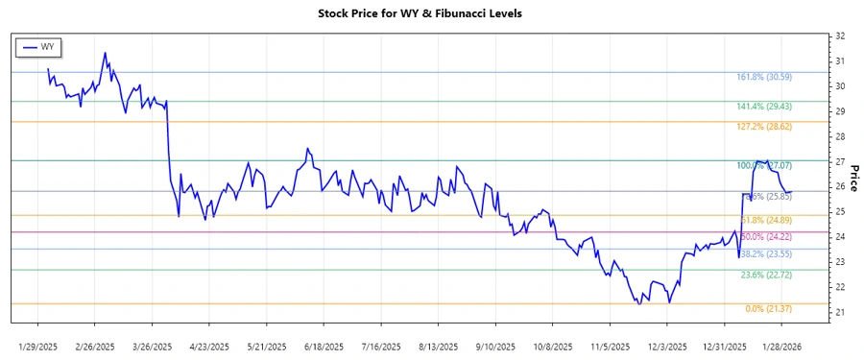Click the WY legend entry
point(40,47)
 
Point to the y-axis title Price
point(853,178)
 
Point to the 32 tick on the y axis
point(840,36)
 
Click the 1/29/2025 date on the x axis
point(38,346)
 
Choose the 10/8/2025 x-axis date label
point(551,346)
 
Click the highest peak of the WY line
point(105,53)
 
